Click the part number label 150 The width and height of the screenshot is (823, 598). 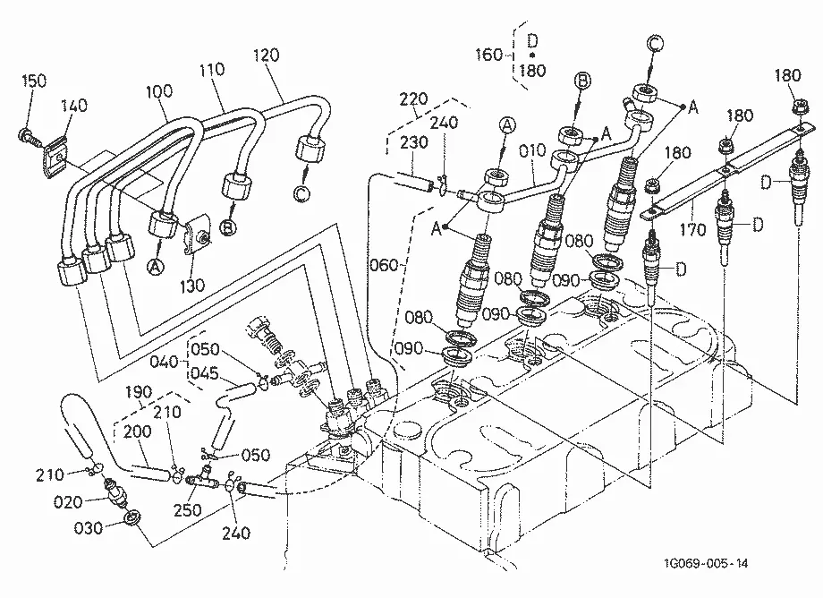[x=34, y=81]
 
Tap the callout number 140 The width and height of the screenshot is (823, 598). [x=74, y=106]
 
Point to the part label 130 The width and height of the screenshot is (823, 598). [x=191, y=286]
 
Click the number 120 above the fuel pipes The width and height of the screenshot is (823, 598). [x=266, y=56]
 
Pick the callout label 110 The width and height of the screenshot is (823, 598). [x=212, y=69]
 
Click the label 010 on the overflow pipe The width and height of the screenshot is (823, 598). [x=532, y=151]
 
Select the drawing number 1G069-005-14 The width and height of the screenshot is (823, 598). [x=707, y=564]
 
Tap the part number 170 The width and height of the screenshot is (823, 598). [x=692, y=229]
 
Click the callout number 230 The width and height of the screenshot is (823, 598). [x=414, y=142]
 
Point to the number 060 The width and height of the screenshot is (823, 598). [x=384, y=265]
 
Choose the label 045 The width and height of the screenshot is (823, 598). [x=204, y=373]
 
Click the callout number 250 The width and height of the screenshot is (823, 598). [x=187, y=509]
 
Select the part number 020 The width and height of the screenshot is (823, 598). [x=68, y=502]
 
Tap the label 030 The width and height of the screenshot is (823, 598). [x=89, y=527]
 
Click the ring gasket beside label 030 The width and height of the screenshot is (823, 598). [x=132, y=517]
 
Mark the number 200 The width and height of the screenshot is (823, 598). [x=137, y=431]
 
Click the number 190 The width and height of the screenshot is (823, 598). [x=139, y=392]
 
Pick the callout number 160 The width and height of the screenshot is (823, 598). [x=488, y=55]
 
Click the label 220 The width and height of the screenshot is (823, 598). [x=413, y=98]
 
